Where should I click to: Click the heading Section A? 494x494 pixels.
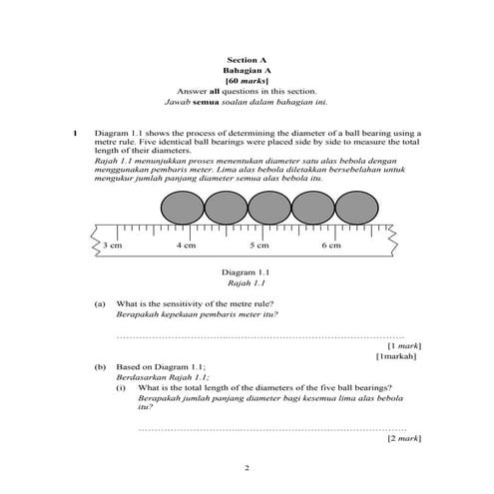point(247,60)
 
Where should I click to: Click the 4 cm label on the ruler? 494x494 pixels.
point(187,245)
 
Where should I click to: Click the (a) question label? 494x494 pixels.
point(100,302)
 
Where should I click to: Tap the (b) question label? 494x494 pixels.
point(100,367)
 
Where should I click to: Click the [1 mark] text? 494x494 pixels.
point(401,345)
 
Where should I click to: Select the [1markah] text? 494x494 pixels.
point(397,356)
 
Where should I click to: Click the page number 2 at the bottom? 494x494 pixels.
point(247,466)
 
